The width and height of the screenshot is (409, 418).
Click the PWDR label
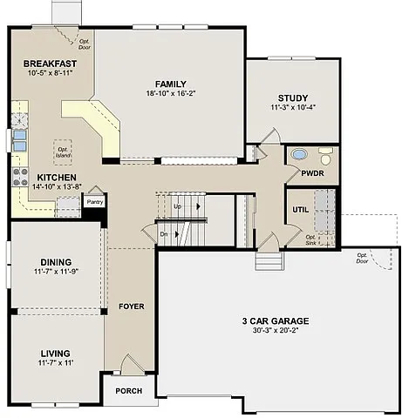point(312,173)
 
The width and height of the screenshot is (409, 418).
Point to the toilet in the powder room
point(325,157)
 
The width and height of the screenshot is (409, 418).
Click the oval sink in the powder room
point(298,155)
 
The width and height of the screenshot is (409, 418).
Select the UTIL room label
point(299,210)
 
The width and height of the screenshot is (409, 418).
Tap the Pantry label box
point(93,201)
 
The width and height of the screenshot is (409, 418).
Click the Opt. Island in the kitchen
point(64,149)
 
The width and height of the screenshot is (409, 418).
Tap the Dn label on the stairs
point(163,233)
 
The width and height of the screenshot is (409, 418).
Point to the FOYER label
point(131,307)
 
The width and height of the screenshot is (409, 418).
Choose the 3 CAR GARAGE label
point(275,320)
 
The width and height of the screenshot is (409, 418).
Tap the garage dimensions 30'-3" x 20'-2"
point(275,331)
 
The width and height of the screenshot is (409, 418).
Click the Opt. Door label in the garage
point(361,258)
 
